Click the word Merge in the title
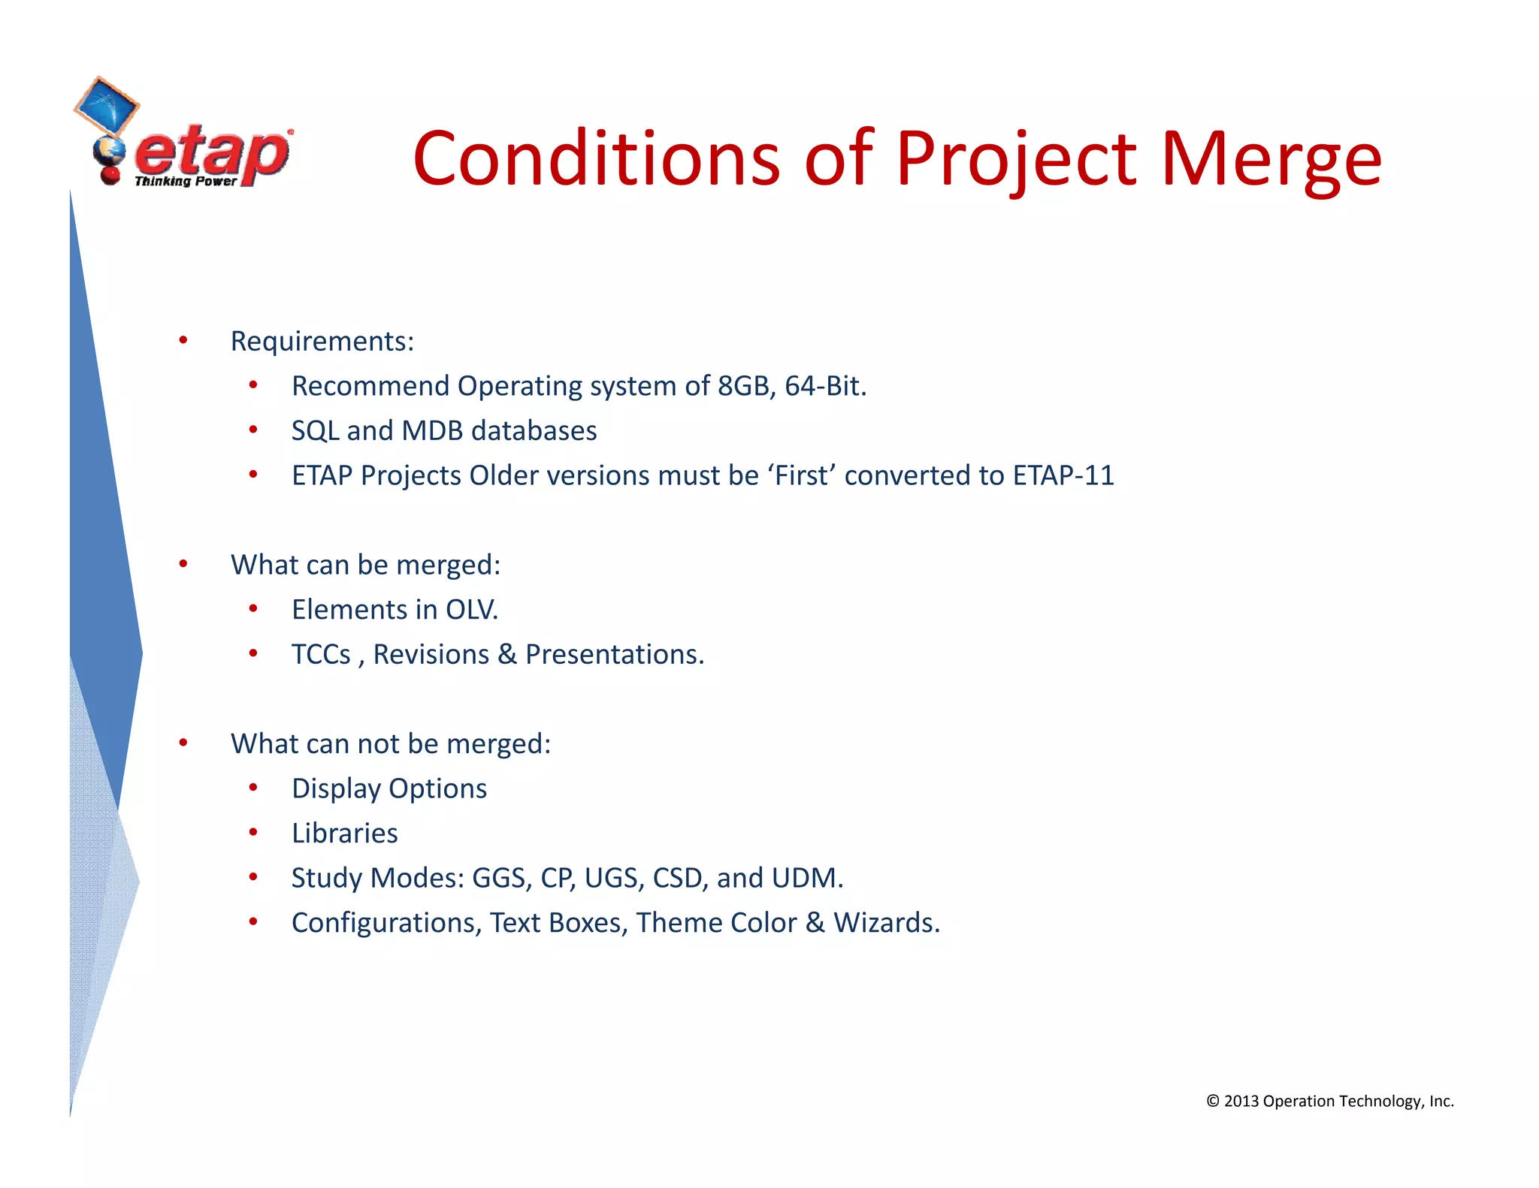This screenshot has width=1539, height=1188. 1271,159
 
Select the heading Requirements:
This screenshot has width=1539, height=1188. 322,342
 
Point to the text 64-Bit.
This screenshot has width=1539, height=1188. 825,386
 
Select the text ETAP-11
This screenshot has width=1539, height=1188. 1063,475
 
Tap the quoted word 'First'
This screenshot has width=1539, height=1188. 801,475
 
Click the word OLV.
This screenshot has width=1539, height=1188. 471,610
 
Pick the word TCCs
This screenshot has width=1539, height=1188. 321,655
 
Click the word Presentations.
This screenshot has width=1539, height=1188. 614,655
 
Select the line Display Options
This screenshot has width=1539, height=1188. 389,788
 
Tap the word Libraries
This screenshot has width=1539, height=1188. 344,834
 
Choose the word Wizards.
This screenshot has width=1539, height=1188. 886,923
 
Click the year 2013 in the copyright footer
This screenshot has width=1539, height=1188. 1241,1102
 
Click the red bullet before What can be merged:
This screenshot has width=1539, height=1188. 183,564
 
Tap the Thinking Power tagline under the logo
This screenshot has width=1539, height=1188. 186,182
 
